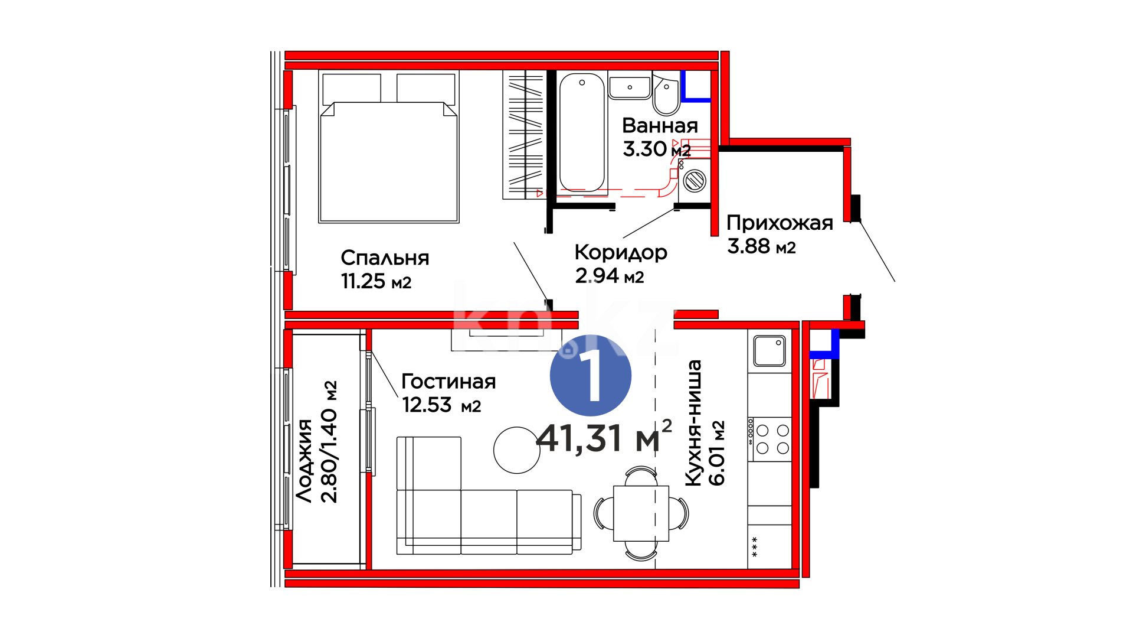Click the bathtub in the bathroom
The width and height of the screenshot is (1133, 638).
tap(582, 133)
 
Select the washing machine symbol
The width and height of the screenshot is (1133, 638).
tap(695, 180)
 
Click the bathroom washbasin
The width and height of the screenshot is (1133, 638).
tap(630, 86)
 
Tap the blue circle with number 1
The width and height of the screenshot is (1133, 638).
tap(591, 375)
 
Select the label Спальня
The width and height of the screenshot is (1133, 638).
tap(385, 258)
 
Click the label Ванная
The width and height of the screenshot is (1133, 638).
tap(660, 126)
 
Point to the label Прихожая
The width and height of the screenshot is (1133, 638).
tap(780, 223)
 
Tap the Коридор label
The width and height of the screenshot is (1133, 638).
tap(621, 253)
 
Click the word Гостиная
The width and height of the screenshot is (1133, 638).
tap(448, 382)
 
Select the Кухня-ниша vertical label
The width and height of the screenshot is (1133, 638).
tap(693, 423)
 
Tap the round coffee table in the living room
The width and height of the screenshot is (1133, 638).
tap(517, 450)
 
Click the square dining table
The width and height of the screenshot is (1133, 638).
tap(641, 513)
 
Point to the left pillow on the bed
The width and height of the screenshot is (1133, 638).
tap(352, 89)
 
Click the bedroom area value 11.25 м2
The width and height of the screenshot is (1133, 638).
tap(376, 281)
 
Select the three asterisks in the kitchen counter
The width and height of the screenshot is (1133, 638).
tap(754, 546)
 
